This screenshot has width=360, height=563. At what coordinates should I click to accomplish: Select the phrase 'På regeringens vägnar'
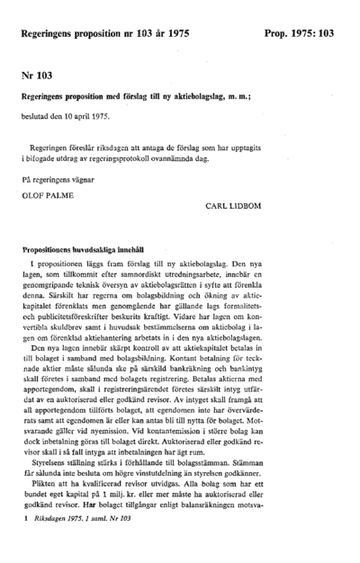pos(59,179)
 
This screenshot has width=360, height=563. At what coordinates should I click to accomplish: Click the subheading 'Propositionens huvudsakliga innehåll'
pos(89,246)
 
